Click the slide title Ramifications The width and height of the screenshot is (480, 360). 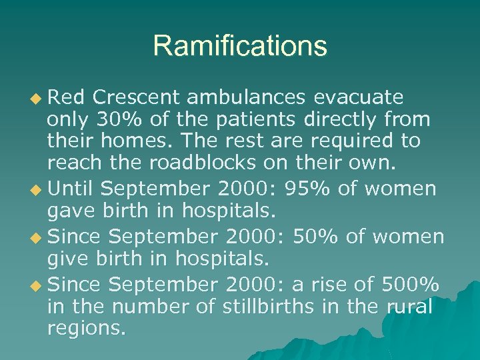click(x=240, y=46)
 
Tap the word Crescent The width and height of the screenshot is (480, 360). click(x=137, y=98)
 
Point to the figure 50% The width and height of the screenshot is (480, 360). click(x=347, y=236)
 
